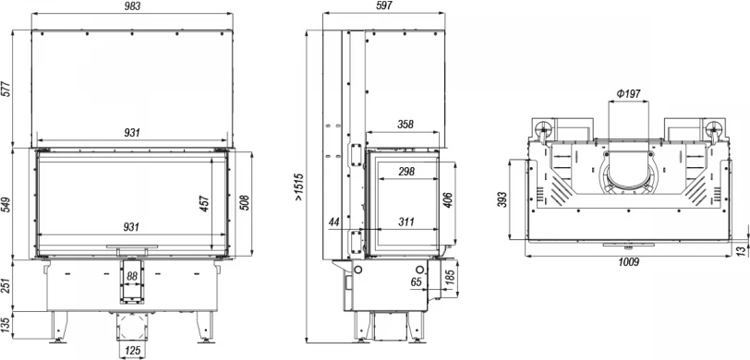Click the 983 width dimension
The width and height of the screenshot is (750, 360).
point(132,6)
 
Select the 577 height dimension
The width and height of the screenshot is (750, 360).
point(6,88)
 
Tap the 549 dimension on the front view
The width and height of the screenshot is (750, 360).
point(6,204)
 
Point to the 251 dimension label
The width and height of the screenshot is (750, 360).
point(6,286)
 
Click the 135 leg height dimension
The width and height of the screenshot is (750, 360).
point(6,326)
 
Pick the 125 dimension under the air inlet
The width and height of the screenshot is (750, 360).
point(132,351)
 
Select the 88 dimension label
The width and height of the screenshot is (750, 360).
point(132,276)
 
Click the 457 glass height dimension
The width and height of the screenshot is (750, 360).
point(204,204)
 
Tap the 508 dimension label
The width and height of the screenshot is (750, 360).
point(244,204)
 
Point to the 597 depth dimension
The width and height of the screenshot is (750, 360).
point(383,6)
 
